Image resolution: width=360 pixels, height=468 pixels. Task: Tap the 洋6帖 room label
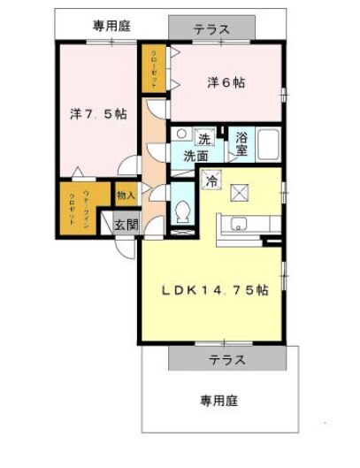[x=226, y=82]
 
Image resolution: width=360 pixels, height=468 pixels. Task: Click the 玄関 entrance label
[x=126, y=225]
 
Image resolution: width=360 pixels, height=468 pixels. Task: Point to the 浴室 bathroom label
[x=242, y=144]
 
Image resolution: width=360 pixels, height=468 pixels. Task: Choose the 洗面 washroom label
[x=196, y=156]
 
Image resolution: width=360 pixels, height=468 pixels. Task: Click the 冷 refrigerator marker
[x=211, y=180]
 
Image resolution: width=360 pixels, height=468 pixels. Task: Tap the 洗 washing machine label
[x=203, y=139]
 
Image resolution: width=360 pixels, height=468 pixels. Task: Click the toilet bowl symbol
[x=182, y=213]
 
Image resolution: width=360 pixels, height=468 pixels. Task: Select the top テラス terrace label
[x=212, y=29]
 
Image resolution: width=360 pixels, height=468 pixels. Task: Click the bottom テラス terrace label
[x=227, y=360]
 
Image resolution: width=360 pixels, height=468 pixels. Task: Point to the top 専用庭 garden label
[x=111, y=26]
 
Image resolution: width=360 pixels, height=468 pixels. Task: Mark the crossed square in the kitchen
[x=240, y=193]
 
